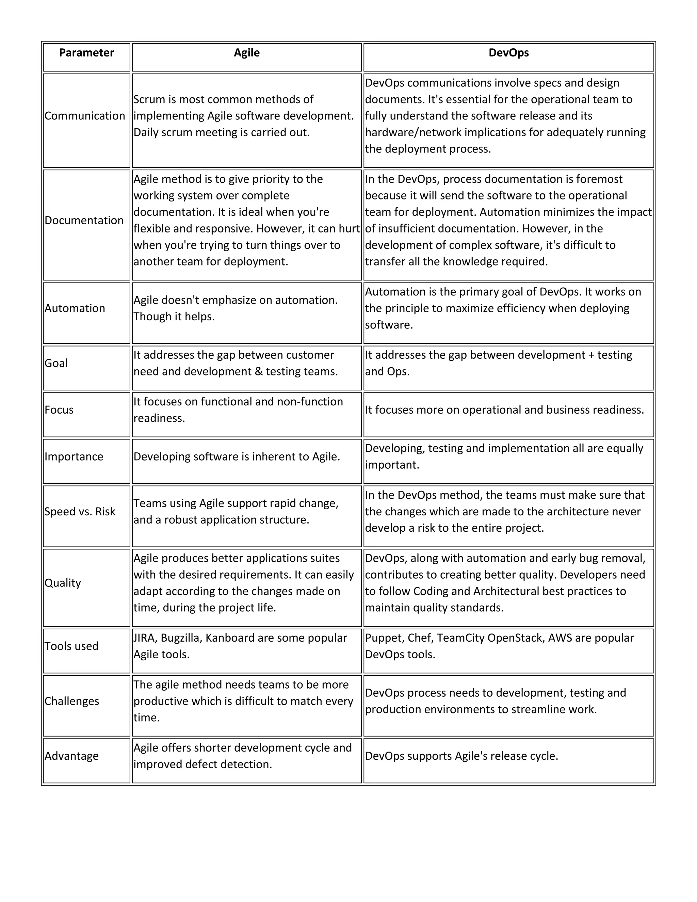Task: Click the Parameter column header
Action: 86,53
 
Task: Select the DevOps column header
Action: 508,53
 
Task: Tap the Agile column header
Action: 246,53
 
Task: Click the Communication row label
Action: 85,116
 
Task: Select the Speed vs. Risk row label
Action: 80,512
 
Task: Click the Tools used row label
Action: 71,646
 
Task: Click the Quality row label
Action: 63,583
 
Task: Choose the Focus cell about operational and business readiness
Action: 504,410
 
